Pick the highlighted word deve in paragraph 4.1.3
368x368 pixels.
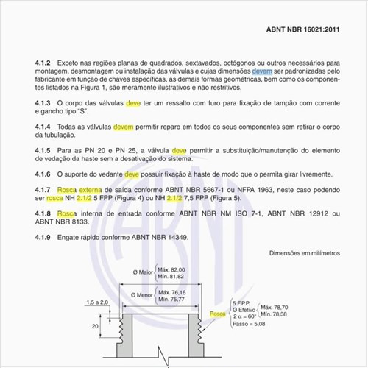click(x=133, y=104)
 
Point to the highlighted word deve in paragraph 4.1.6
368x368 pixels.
click(x=132, y=174)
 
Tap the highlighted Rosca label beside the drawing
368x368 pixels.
click(x=217, y=314)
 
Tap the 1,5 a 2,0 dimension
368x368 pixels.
click(x=97, y=302)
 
